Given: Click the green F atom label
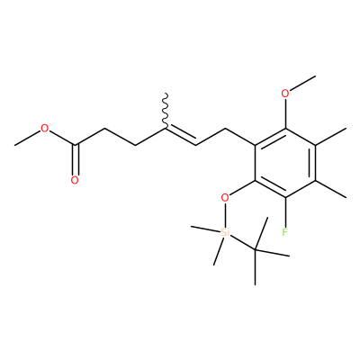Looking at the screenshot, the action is pyautogui.click(x=285, y=232).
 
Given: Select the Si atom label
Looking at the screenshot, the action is pyautogui.click(x=225, y=232).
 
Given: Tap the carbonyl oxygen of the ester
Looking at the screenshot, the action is pyautogui.click(x=75, y=180).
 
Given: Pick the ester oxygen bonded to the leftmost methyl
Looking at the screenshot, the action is pyautogui.click(x=45, y=129).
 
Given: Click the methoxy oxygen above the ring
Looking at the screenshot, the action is pyautogui.click(x=285, y=94).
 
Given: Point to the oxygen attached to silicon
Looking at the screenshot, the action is pyautogui.click(x=225, y=197).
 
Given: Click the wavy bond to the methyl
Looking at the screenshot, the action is pyautogui.click(x=166, y=111).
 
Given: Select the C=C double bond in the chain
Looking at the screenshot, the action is pyautogui.click(x=180, y=137).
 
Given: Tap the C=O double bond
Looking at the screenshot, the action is pyautogui.click(x=76, y=159).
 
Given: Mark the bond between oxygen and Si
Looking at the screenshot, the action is pyautogui.click(x=225, y=215).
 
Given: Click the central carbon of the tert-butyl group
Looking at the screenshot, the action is pyautogui.click(x=255, y=249).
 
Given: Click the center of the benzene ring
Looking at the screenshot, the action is pyautogui.click(x=285, y=163).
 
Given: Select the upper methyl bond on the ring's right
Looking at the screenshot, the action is pyautogui.click(x=330, y=137).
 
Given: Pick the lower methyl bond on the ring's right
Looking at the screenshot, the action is pyautogui.click(x=330, y=189).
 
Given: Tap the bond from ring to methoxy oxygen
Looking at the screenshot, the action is pyautogui.click(x=285, y=113).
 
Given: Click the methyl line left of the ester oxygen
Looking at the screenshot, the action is pyautogui.click(x=28, y=139).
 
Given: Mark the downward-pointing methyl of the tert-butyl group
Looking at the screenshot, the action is pyautogui.click(x=255, y=266).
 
